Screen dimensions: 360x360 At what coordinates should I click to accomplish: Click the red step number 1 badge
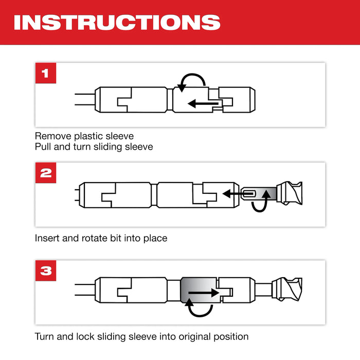pyautogui.click(x=46, y=73)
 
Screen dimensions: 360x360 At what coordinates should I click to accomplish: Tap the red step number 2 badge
pyautogui.click(x=46, y=173)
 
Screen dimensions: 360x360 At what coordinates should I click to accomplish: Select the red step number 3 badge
pyautogui.click(x=46, y=271)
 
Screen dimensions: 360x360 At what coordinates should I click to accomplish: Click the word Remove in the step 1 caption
pyautogui.click(x=50, y=136)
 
